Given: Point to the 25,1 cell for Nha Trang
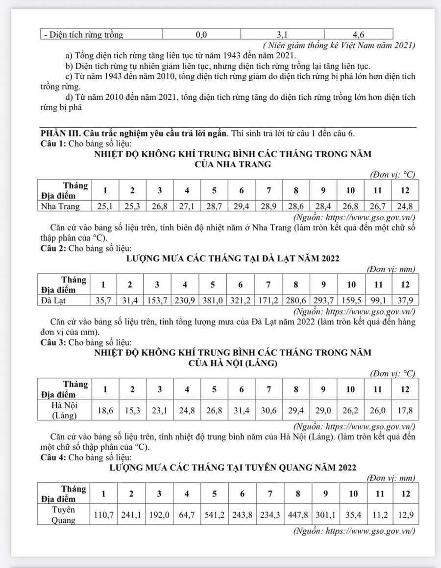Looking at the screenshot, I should [x=105, y=206].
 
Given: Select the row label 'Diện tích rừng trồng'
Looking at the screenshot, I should [x=83, y=35].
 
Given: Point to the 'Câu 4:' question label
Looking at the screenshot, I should [x=53, y=457].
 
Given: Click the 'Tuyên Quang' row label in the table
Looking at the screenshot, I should [x=64, y=515].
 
